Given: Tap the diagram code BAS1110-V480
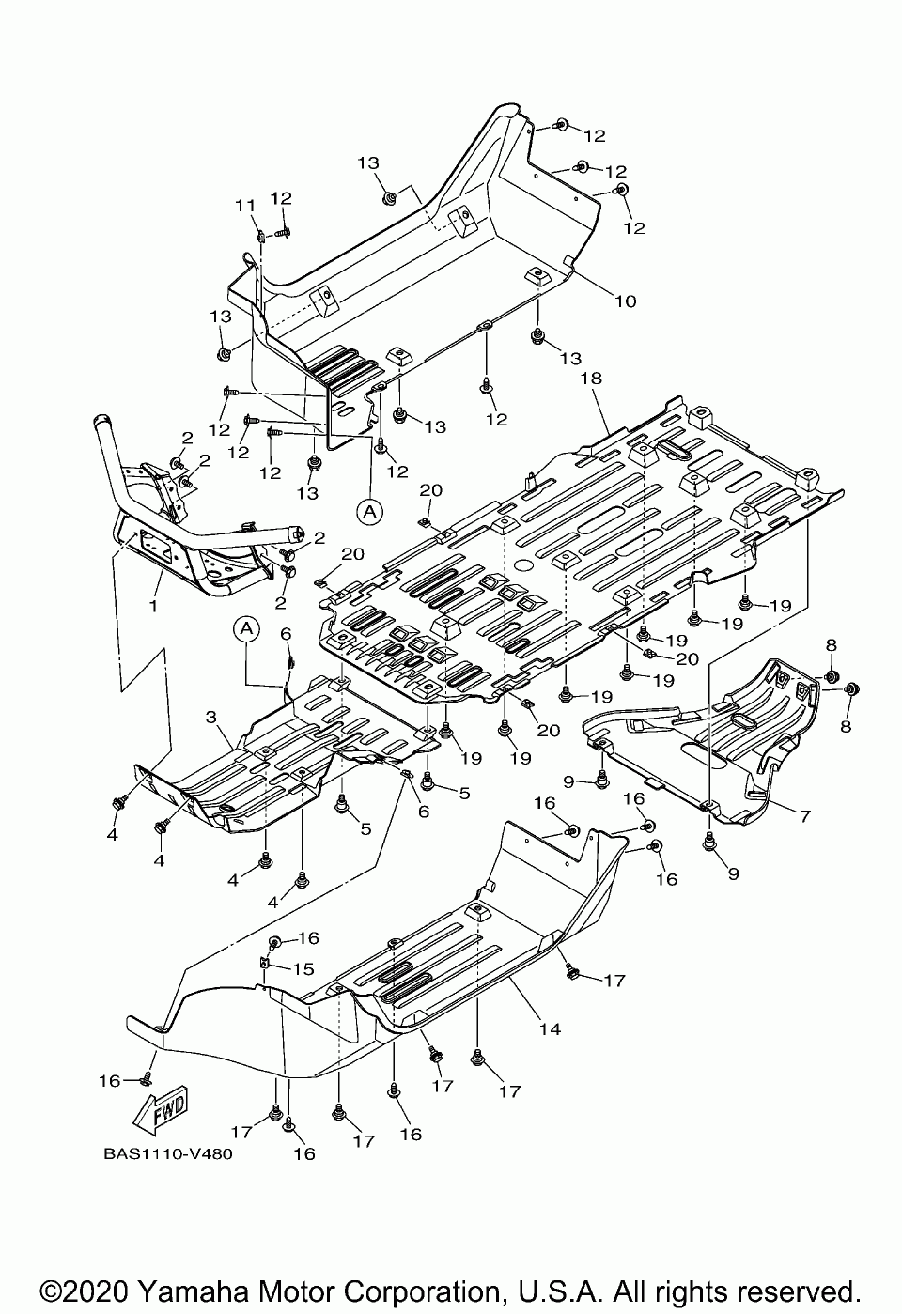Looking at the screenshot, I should pyautogui.click(x=169, y=1154).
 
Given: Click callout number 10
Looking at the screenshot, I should pyautogui.click(x=626, y=301).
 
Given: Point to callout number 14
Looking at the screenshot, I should pyautogui.click(x=550, y=1029).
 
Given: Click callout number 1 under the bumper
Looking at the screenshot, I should pyautogui.click(x=153, y=606).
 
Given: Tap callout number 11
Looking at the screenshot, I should pyautogui.click(x=244, y=206).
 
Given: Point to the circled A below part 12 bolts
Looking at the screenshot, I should pyautogui.click(x=370, y=510).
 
